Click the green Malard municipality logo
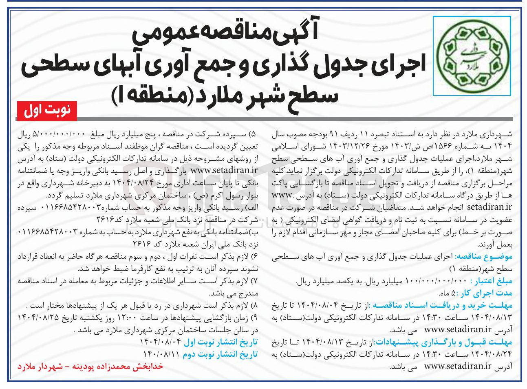tap(472, 56)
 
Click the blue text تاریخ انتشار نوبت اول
tap(221, 342)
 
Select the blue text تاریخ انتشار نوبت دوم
tap(220, 354)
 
